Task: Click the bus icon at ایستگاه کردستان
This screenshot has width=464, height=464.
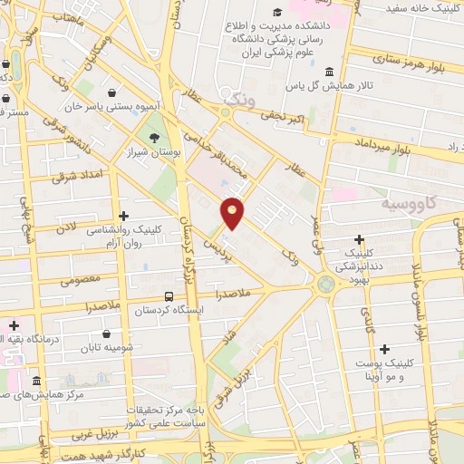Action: pos(169,295)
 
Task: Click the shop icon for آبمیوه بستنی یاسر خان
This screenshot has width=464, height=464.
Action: pos(111,92)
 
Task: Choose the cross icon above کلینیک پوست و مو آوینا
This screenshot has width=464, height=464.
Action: pos(385,349)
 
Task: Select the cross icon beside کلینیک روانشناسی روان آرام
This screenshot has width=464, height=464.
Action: pos(124,214)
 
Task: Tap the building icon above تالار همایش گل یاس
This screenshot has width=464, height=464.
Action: pos(328,72)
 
